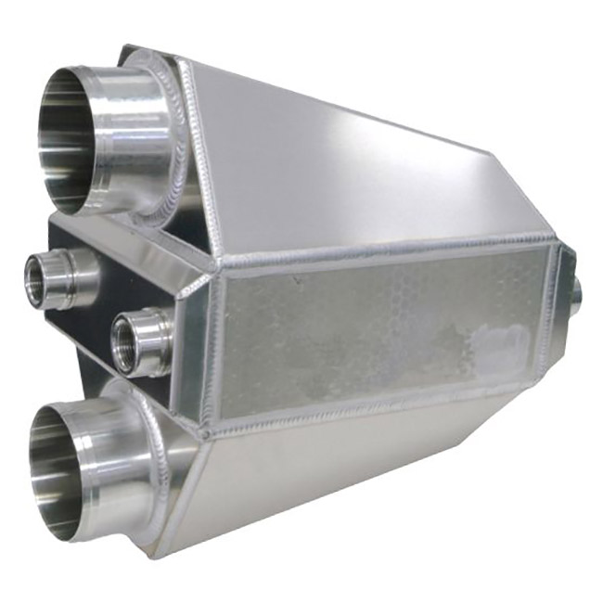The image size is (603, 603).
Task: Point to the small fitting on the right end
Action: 576,293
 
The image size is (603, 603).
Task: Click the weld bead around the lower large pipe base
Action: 162,445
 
